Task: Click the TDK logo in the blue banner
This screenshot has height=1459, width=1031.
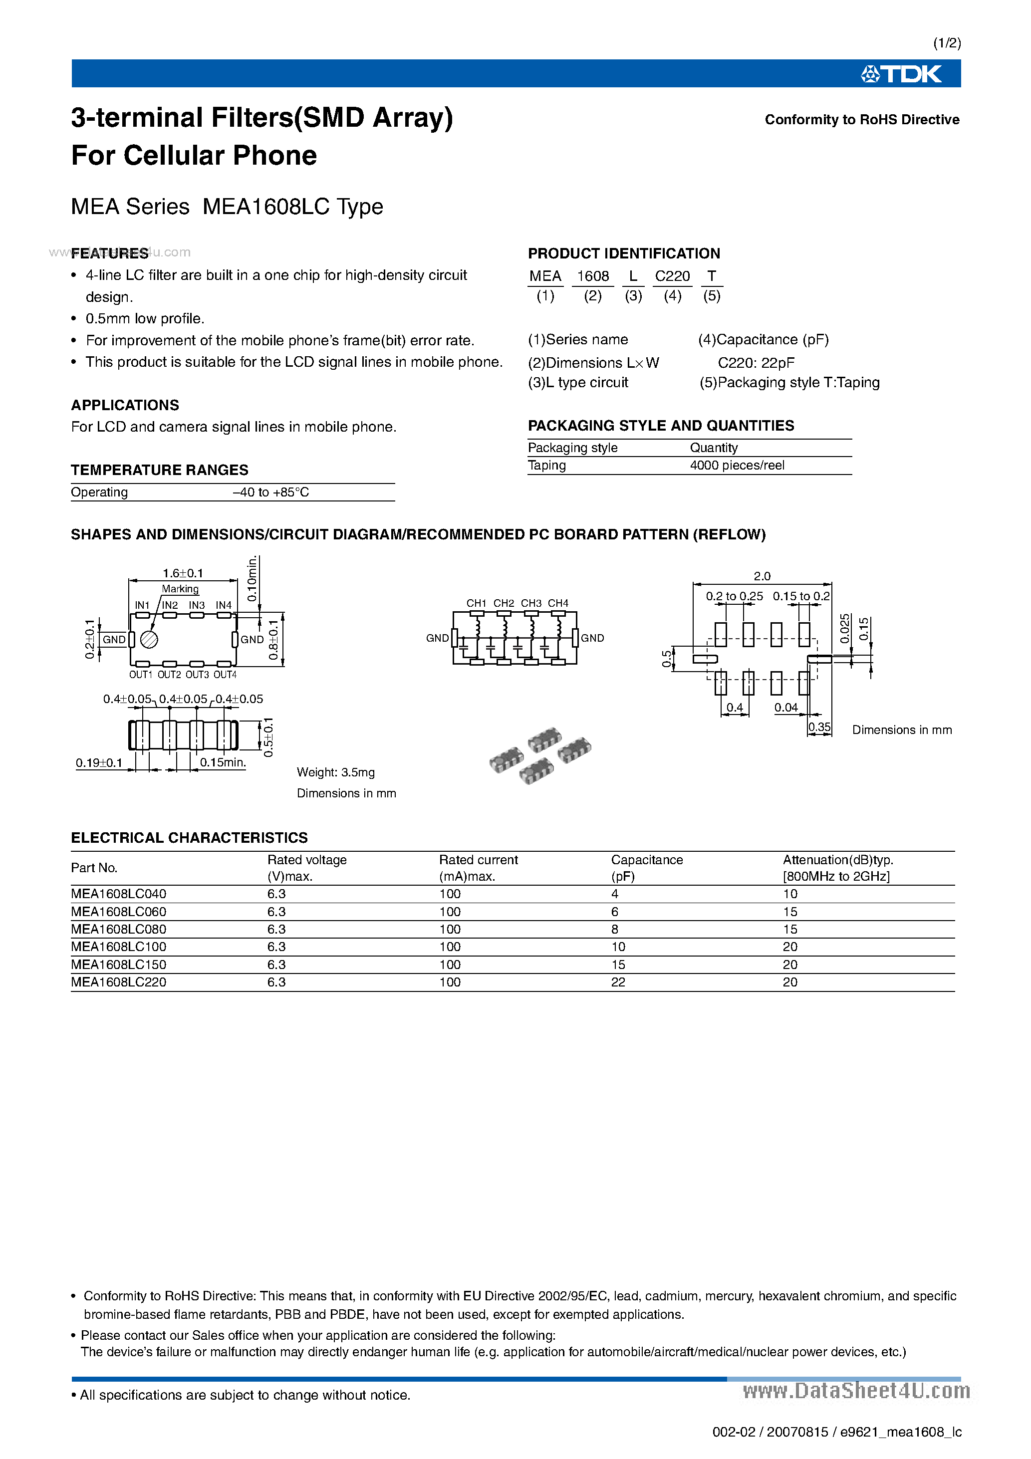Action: (x=901, y=74)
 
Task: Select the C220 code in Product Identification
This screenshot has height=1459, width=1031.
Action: (x=672, y=276)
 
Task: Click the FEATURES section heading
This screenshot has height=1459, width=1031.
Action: (x=109, y=253)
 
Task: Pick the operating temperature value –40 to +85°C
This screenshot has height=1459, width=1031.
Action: (x=271, y=492)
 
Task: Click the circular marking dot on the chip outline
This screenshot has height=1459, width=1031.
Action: (x=149, y=639)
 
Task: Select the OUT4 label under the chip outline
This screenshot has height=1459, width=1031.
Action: (x=225, y=675)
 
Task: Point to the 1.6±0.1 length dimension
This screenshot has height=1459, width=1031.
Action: (x=183, y=573)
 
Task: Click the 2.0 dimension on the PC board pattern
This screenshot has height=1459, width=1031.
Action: (x=762, y=576)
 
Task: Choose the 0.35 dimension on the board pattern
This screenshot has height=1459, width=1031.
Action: (x=819, y=727)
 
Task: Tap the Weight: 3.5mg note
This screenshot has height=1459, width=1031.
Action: (x=336, y=772)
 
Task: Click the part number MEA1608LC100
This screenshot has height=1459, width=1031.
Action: (x=118, y=947)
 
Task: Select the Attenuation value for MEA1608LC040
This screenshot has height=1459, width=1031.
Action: (x=790, y=894)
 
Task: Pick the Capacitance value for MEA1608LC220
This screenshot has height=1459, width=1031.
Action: (x=618, y=982)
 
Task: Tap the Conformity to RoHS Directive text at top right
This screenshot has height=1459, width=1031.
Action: (x=861, y=120)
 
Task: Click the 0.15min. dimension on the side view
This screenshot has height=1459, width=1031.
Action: (x=223, y=762)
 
